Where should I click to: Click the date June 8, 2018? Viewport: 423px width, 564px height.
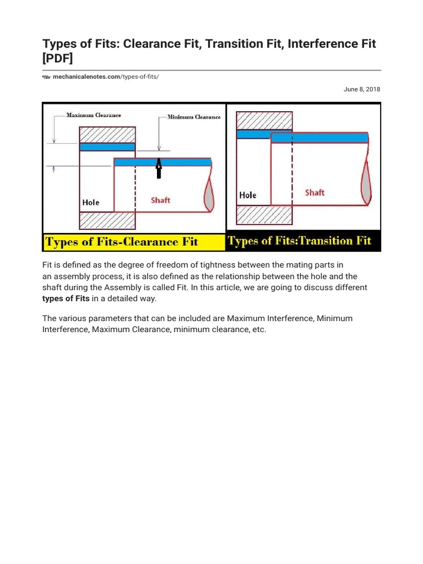(362, 89)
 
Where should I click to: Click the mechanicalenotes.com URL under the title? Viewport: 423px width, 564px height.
(105, 77)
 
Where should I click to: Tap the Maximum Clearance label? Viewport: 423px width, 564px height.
(94, 115)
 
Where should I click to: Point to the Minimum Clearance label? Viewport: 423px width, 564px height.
(194, 117)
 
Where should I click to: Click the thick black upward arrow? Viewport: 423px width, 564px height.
(159, 169)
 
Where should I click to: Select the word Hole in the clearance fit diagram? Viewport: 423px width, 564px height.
(91, 202)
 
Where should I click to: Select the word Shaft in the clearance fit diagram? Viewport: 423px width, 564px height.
(161, 200)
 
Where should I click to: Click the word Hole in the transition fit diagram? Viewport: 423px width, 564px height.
(248, 195)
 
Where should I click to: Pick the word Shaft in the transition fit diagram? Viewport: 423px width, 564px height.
(314, 192)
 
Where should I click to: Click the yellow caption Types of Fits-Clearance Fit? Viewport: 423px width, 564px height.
(122, 242)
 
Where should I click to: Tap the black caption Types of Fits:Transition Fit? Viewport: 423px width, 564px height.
(300, 241)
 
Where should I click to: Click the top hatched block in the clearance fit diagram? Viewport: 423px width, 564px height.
(107, 135)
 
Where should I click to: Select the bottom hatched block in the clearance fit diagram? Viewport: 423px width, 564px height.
(107, 220)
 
